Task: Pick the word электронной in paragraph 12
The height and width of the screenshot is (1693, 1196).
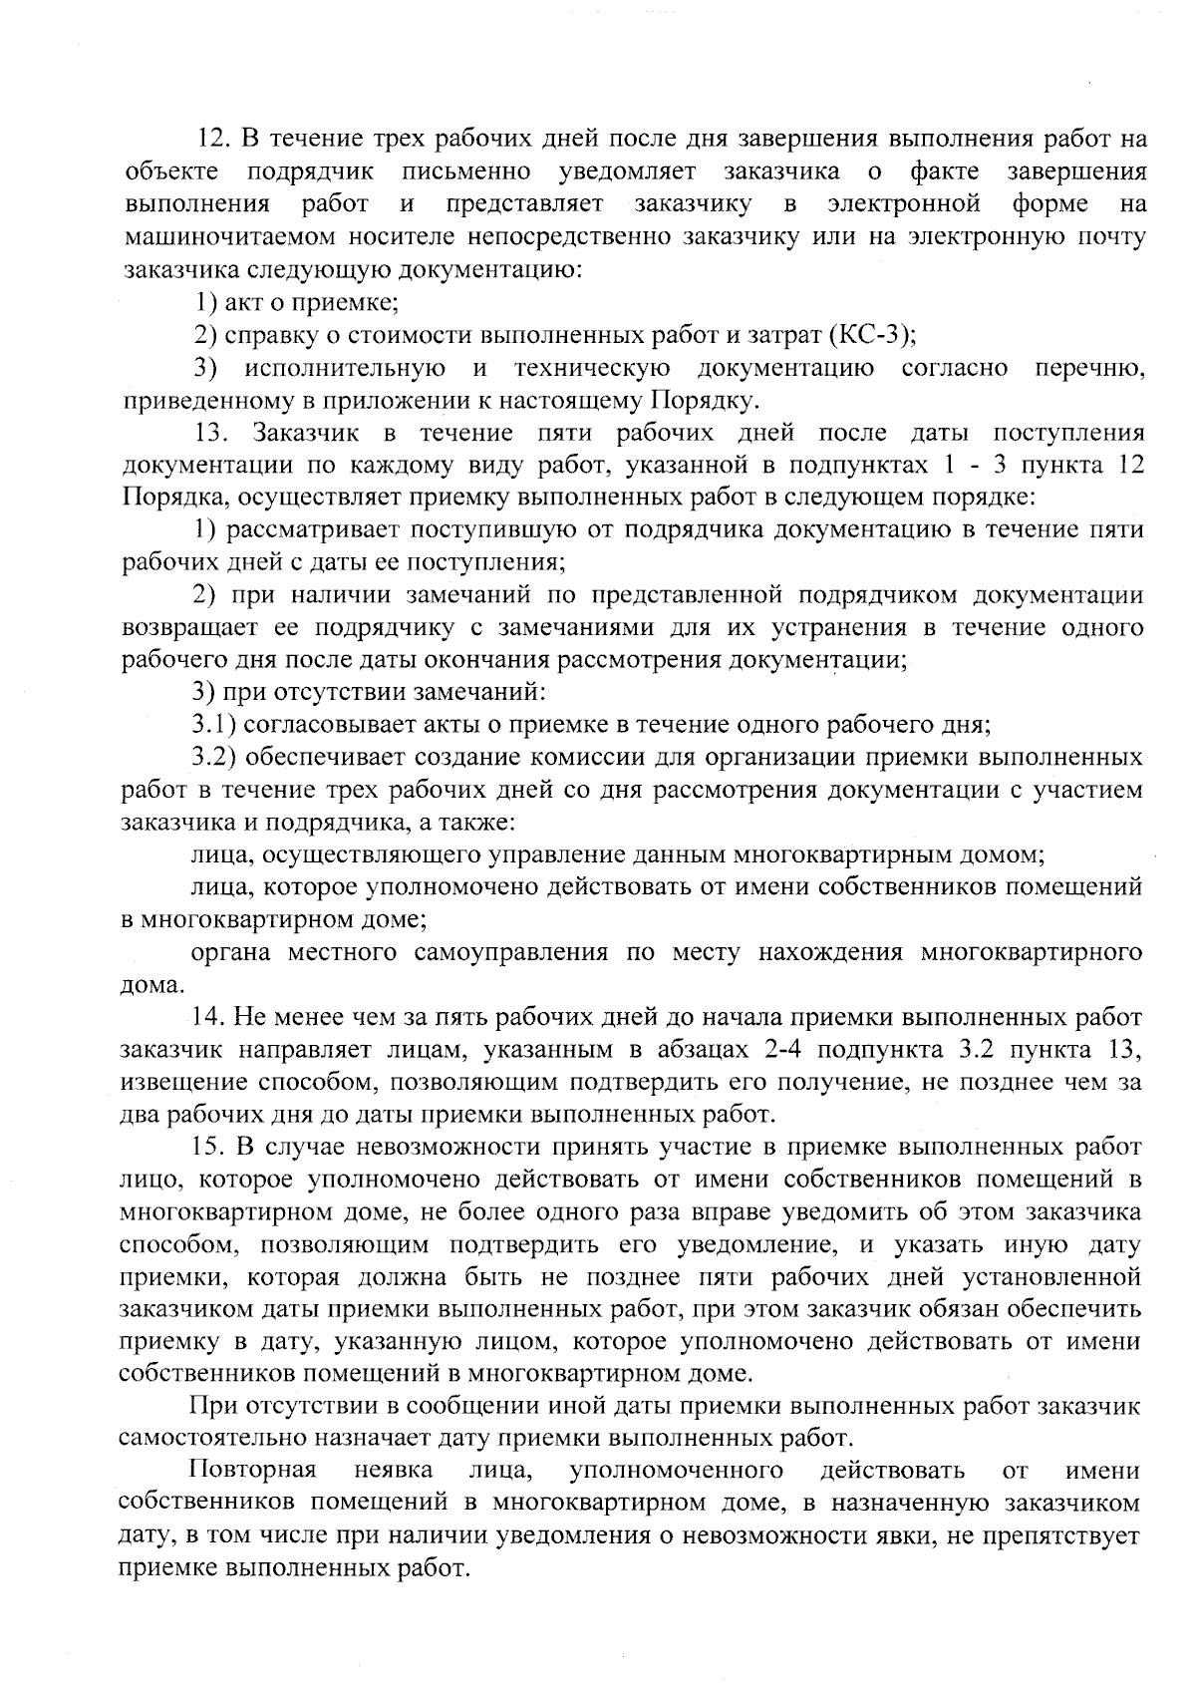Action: [904, 204]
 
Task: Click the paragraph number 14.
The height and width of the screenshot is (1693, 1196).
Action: [210, 1017]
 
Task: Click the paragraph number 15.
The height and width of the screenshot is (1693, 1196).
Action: [210, 1148]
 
